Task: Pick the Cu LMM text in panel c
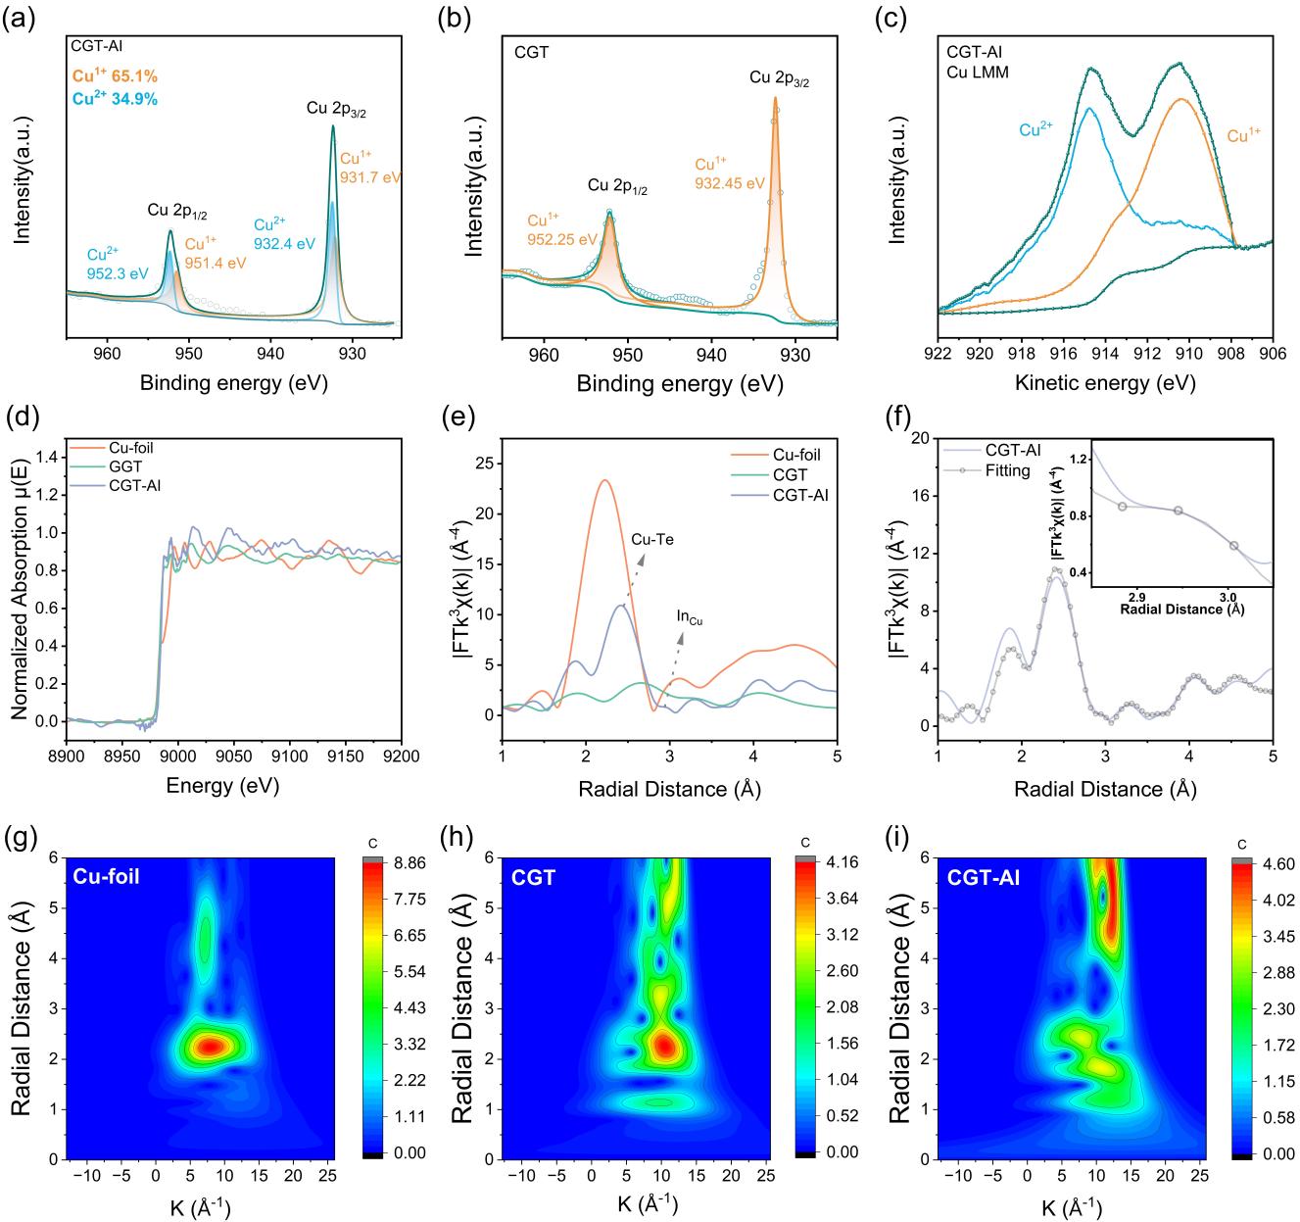(x=979, y=71)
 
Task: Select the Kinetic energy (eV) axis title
(x=1105, y=383)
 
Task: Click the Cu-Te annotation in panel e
(x=651, y=539)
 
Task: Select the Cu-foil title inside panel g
(x=107, y=877)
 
